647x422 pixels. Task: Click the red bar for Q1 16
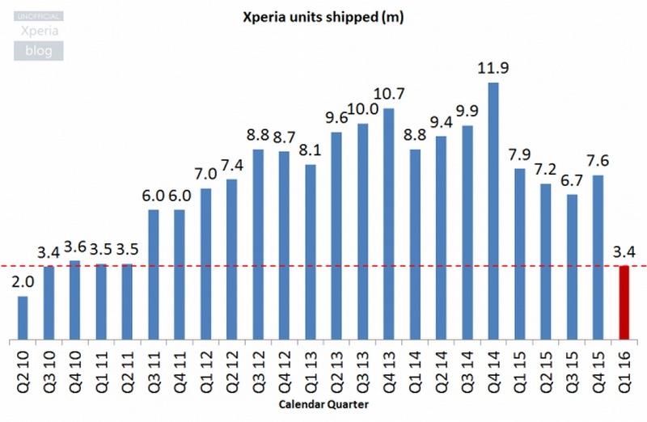[624, 302]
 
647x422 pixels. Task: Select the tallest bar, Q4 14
[493, 210]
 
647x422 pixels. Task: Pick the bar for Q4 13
[389, 223]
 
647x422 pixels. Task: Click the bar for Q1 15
[520, 254]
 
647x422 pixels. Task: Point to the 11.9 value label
[493, 68]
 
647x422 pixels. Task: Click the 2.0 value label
[23, 282]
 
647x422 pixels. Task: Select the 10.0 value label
[363, 109]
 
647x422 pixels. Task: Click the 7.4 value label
[232, 165]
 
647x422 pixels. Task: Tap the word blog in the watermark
[38, 52]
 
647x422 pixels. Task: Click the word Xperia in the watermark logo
[38, 31]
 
